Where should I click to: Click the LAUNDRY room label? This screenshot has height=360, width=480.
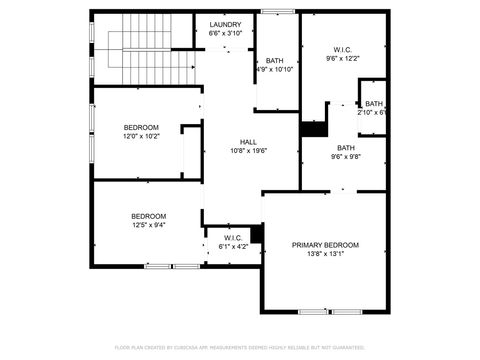pyautogui.click(x=225, y=24)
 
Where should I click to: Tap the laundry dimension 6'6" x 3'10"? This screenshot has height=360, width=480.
pyautogui.click(x=225, y=33)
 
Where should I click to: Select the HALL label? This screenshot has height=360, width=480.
pyautogui.click(x=248, y=142)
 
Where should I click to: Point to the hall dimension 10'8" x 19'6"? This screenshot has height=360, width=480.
pyautogui.click(x=248, y=151)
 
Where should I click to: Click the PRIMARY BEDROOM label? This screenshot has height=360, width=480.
pyautogui.click(x=325, y=245)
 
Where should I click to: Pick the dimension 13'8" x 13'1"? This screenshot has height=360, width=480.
pyautogui.click(x=325, y=254)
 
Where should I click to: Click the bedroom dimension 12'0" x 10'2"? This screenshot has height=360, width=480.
pyautogui.click(x=141, y=136)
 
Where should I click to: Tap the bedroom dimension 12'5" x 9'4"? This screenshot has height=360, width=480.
pyautogui.click(x=148, y=225)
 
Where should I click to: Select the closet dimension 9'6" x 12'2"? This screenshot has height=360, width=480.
pyautogui.click(x=343, y=58)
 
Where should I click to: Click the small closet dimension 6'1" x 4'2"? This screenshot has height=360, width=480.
pyautogui.click(x=233, y=246)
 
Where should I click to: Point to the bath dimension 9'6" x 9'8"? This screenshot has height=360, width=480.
pyautogui.click(x=346, y=156)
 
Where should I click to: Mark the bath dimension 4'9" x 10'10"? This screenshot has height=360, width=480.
pyautogui.click(x=274, y=69)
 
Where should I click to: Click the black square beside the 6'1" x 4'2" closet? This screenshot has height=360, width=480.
pyautogui.click(x=257, y=233)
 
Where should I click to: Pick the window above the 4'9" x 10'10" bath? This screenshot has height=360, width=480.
pyautogui.click(x=276, y=12)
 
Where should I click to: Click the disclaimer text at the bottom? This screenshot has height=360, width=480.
pyautogui.click(x=240, y=347)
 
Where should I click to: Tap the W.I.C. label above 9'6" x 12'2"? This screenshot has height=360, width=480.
pyautogui.click(x=343, y=49)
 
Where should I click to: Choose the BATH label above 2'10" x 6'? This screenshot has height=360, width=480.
pyautogui.click(x=374, y=103)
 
